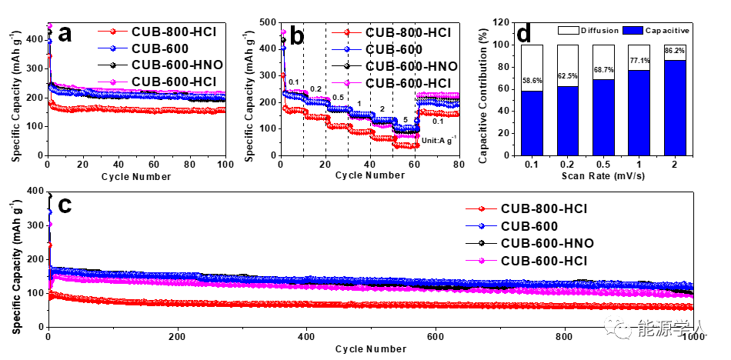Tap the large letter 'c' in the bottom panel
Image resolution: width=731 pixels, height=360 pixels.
pyautogui.click(x=66, y=205)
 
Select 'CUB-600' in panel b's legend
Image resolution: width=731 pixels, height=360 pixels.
pyautogui.click(x=392, y=49)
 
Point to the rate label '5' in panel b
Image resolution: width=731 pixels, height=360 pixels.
pyautogui.click(x=406, y=120)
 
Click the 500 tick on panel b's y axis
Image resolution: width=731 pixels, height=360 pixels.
pyautogui.click(x=268, y=22)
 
